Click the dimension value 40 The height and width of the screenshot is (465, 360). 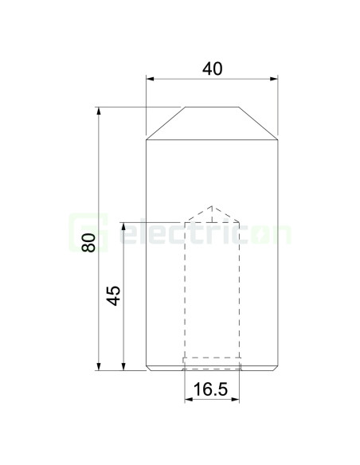(x=212, y=69)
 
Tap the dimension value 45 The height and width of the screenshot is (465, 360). (x=114, y=295)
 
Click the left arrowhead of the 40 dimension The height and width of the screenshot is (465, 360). (x=151, y=79)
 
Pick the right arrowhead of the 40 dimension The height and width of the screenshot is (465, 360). (x=274, y=79)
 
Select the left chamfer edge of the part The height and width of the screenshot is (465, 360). (x=166, y=123)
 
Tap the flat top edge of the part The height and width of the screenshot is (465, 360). (x=212, y=107)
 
